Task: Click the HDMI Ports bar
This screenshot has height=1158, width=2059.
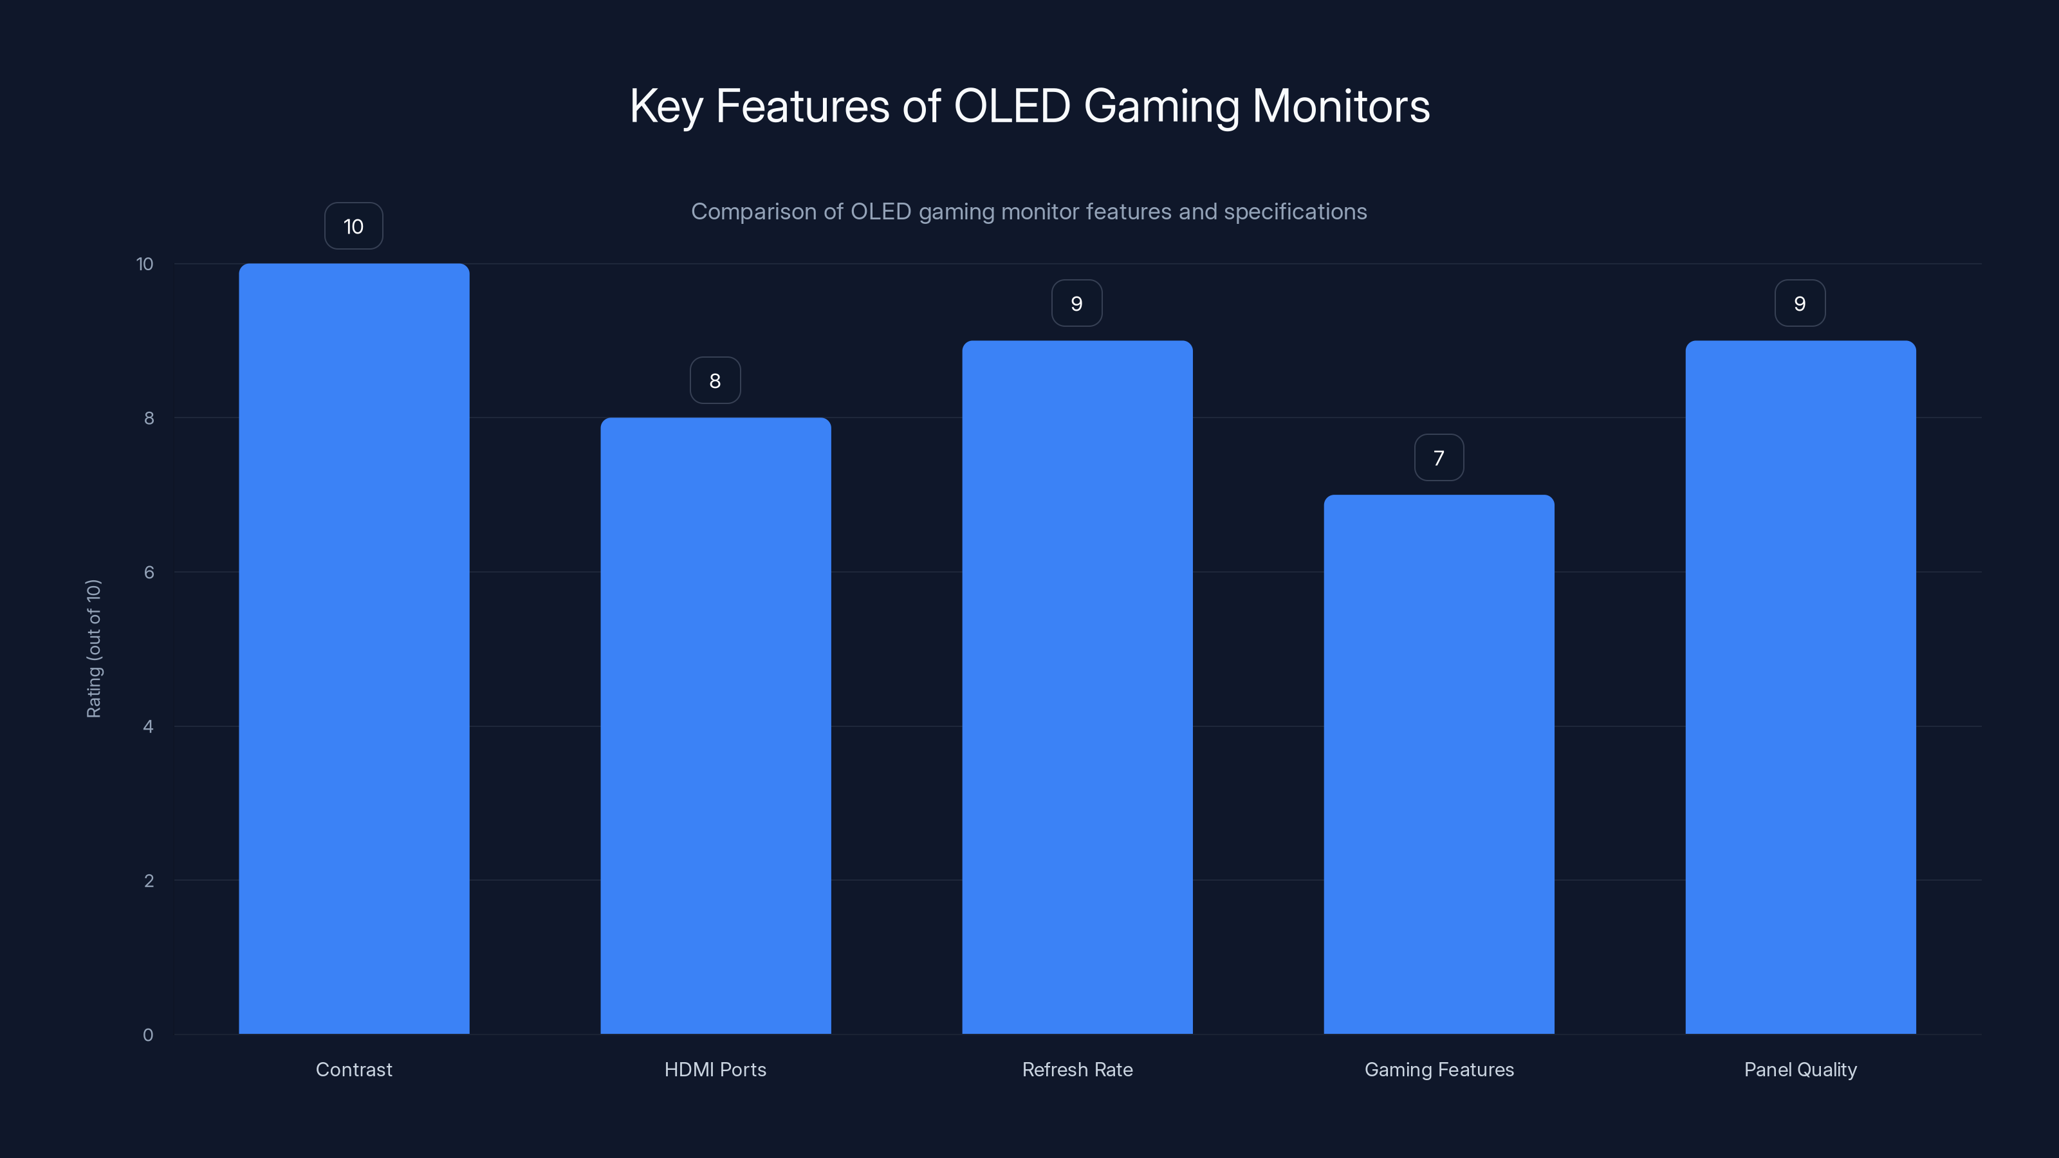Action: click(x=716, y=726)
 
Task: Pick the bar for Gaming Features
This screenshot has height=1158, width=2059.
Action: click(x=1439, y=764)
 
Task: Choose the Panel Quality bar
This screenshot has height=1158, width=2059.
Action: click(x=1800, y=687)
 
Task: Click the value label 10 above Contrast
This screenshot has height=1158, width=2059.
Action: click(x=353, y=226)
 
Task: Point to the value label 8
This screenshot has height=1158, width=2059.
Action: click(x=716, y=380)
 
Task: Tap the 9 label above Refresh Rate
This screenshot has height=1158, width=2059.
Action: click(x=1076, y=304)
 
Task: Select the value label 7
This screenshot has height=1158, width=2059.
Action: click(x=1439, y=458)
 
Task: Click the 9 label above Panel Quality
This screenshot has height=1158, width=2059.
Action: click(x=1800, y=304)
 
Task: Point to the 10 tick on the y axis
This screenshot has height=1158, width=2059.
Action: click(x=145, y=264)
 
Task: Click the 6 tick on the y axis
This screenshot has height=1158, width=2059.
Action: click(x=149, y=572)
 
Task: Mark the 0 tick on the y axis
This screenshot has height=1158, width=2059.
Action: click(x=148, y=1035)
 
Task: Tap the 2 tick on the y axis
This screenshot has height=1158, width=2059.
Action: click(x=149, y=881)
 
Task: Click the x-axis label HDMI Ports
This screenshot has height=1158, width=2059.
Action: click(x=716, y=1069)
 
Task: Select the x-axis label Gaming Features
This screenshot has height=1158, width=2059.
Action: click(x=1439, y=1069)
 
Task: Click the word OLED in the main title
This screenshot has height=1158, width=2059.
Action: click(x=1012, y=106)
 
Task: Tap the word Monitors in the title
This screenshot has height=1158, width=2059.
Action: click(x=1340, y=106)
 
